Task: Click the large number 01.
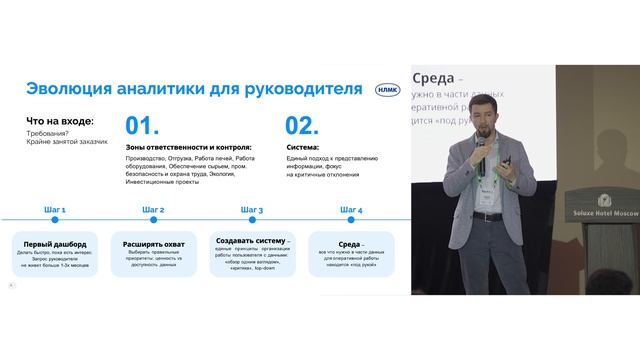click(143, 125)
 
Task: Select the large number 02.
click(303, 125)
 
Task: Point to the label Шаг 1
click(56, 210)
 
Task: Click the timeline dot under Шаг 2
click(153, 220)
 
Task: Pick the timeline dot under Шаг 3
click(253, 220)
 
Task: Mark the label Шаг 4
click(351, 210)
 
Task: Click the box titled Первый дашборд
click(56, 251)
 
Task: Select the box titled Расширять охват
click(153, 251)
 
